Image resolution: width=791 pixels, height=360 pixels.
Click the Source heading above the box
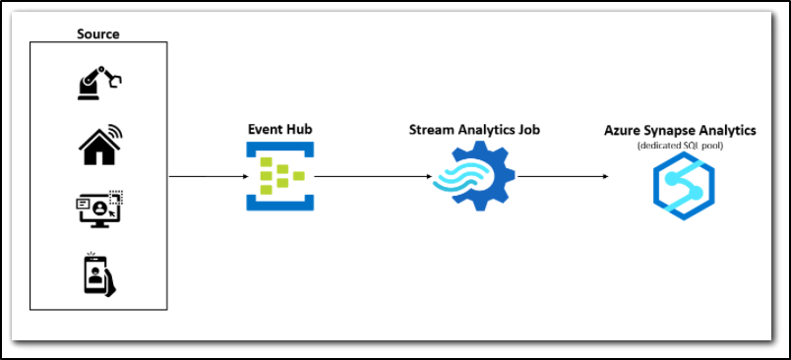[98, 33]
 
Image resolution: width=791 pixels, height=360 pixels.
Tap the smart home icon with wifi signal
[98, 145]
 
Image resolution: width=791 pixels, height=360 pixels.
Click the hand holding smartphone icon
[98, 273]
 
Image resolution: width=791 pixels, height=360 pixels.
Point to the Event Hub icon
[279, 177]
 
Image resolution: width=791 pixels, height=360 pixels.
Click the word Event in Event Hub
[265, 129]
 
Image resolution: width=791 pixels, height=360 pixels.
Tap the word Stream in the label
[430, 129]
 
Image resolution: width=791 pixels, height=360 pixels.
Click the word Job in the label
[527, 129]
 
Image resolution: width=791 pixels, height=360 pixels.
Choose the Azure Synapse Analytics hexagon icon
[683, 186]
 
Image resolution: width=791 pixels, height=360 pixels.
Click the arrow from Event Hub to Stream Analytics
[372, 177]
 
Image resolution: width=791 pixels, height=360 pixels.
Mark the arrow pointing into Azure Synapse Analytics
[563, 177]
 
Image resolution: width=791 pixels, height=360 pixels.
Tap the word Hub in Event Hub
[298, 129]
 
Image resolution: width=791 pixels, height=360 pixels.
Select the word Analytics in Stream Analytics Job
[482, 129]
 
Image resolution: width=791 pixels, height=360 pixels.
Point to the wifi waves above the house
[115, 131]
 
